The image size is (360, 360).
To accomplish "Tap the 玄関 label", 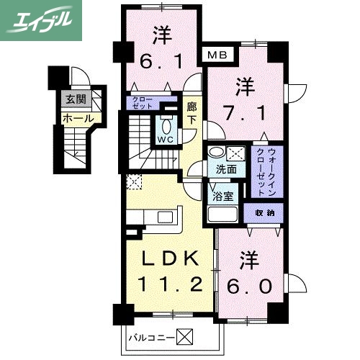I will [73, 100].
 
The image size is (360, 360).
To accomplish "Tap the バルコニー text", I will [150, 336].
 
